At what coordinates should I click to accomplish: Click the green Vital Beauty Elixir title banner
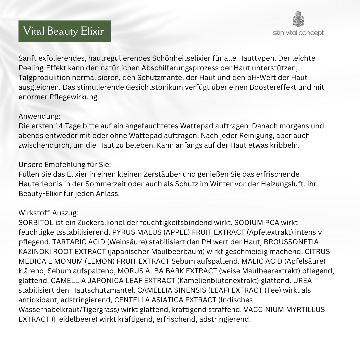coord(64,31)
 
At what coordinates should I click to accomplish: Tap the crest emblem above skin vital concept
coord(298,19)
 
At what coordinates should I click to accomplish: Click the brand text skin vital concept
coord(298,33)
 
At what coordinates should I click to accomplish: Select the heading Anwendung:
coord(40,116)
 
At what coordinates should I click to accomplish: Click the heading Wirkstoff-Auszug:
coord(48,212)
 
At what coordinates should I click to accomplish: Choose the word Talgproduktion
coord(44,78)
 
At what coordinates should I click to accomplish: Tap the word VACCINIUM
coord(263,309)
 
